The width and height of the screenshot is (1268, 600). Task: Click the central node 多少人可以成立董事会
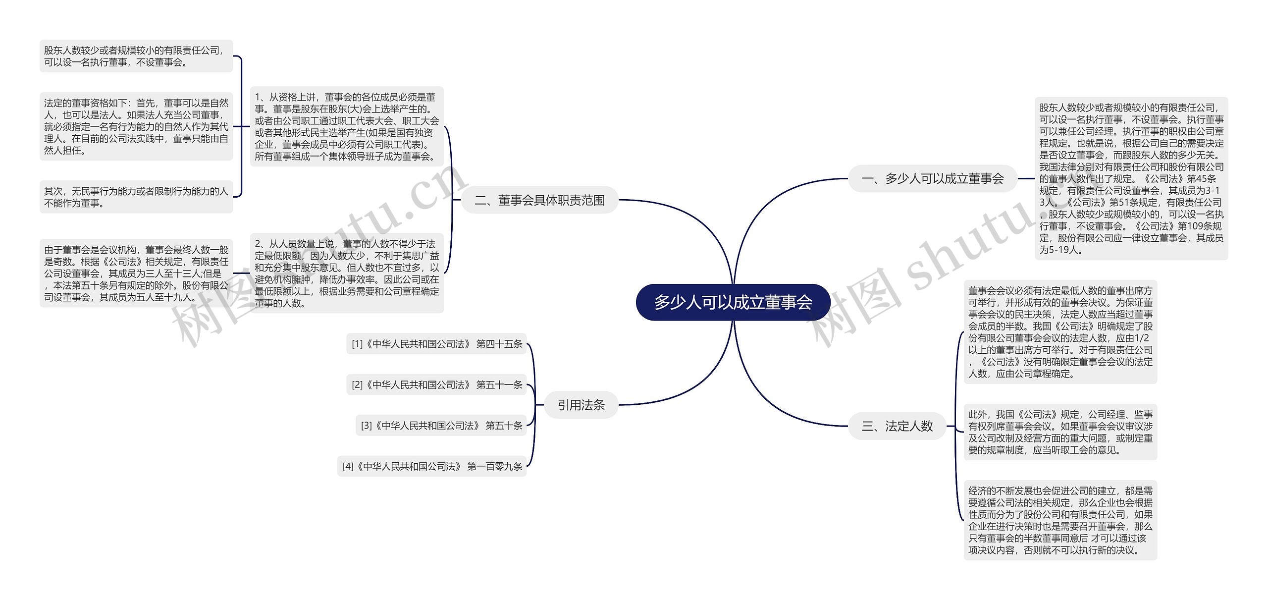(733, 302)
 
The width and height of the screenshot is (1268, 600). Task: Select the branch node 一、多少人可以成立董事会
(933, 178)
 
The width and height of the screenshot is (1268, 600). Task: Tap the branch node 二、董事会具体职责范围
(539, 200)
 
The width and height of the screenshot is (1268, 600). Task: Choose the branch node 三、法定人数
(897, 426)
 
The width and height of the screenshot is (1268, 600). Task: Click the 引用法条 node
(581, 405)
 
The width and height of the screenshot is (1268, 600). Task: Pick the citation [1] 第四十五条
(436, 344)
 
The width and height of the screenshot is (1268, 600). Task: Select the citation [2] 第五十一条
(436, 384)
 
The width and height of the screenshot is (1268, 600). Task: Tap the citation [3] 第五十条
(441, 426)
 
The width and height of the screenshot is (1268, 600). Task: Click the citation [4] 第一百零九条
(432, 466)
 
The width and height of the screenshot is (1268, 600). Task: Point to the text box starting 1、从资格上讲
(347, 126)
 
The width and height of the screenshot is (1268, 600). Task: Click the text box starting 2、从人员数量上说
(347, 273)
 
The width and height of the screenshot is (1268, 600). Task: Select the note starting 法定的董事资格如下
(136, 126)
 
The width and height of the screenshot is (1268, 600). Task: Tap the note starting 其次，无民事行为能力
(136, 197)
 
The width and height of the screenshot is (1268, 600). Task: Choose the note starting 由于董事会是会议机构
(136, 273)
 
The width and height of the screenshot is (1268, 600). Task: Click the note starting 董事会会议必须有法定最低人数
(1060, 332)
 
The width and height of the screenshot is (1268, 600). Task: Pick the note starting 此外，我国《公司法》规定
(1060, 432)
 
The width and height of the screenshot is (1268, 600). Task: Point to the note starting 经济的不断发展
(1060, 520)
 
